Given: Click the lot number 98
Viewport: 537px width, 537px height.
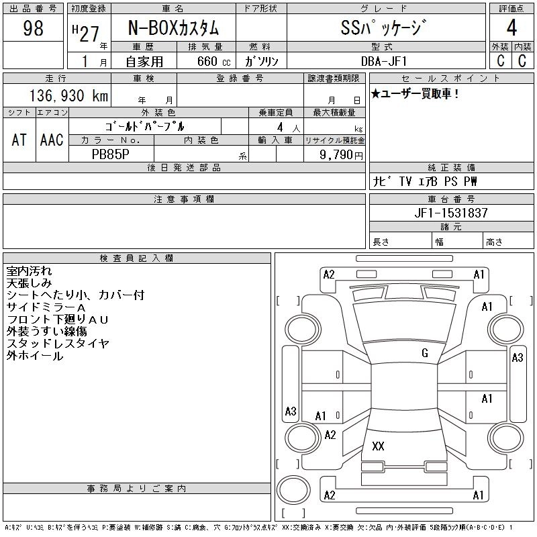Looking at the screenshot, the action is pos(34,28).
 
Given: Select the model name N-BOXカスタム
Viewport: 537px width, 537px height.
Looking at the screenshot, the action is pos(173,29).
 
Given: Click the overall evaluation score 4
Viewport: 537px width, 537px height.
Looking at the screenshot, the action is pos(511,29).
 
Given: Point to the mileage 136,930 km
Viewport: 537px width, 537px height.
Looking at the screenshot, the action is pos(68,96).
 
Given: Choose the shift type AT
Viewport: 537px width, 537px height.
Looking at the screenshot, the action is pos(19,140).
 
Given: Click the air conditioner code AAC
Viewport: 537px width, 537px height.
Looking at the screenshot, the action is pos(52,140).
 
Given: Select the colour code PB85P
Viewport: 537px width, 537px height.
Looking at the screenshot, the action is pos(110,154).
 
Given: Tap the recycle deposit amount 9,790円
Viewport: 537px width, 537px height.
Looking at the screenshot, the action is pos(342,154).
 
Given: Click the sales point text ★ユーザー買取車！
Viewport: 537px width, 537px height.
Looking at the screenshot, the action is pos(416,94).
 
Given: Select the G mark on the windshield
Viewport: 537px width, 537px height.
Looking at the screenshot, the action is pos(424,353).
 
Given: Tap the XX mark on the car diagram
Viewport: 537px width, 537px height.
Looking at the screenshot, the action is pos(378,446).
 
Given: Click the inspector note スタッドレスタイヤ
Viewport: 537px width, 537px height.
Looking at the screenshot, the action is pos(58,344).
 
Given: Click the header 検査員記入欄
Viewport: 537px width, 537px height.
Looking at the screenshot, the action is pos(136,258).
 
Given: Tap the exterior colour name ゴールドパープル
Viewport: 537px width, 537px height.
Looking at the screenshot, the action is pos(144,126).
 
